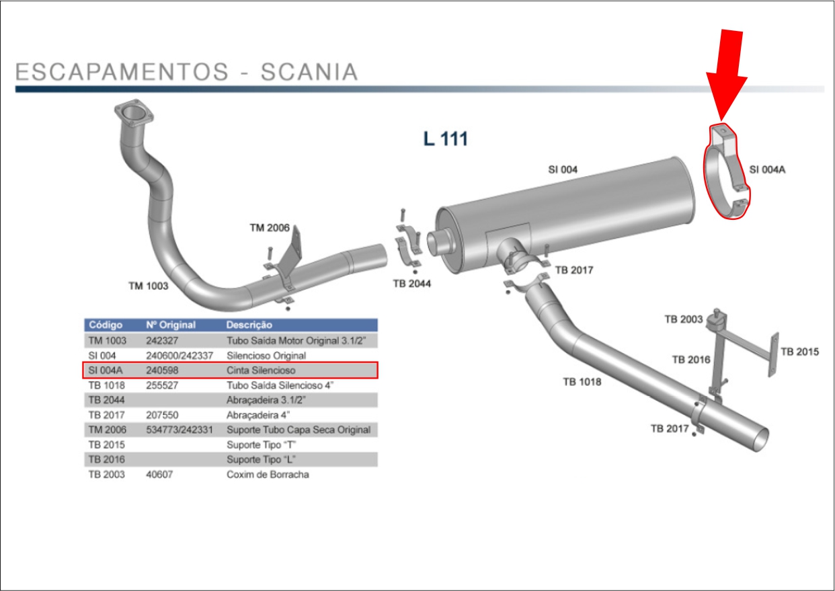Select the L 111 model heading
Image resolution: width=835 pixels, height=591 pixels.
pyautogui.click(x=445, y=139)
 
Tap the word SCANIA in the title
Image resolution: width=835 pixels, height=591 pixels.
pyautogui.click(x=309, y=72)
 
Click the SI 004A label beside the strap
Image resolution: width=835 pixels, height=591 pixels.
pyautogui.click(x=767, y=170)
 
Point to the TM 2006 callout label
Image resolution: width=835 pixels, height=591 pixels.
pyautogui.click(x=270, y=228)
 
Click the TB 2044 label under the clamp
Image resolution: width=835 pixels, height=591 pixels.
pyautogui.click(x=411, y=284)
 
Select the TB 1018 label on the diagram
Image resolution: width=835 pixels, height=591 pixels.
pyautogui.click(x=582, y=383)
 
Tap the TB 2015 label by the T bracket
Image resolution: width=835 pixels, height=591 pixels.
pyautogui.click(x=799, y=352)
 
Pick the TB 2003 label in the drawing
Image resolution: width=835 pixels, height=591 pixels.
pyautogui.click(x=683, y=319)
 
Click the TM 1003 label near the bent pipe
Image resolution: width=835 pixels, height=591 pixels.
pyautogui.click(x=148, y=286)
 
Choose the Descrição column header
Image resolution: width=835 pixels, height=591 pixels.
pyautogui.click(x=249, y=325)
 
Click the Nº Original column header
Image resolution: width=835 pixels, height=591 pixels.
pyautogui.click(x=171, y=325)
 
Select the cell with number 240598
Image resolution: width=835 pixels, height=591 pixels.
pyautogui.click(x=161, y=370)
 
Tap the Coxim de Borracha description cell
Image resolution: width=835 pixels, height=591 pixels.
pyautogui.click(x=268, y=475)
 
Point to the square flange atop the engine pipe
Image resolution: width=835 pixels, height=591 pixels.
pyautogui.click(x=131, y=114)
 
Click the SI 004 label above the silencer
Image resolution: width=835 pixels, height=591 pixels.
pyautogui.click(x=562, y=170)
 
